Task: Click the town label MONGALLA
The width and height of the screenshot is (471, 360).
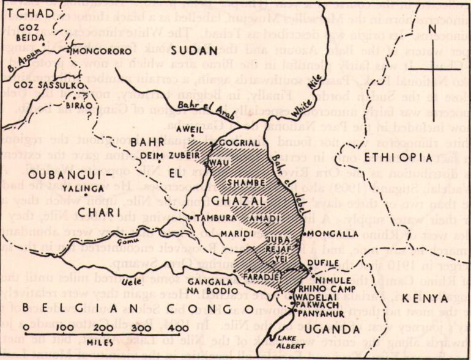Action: [334, 233]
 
